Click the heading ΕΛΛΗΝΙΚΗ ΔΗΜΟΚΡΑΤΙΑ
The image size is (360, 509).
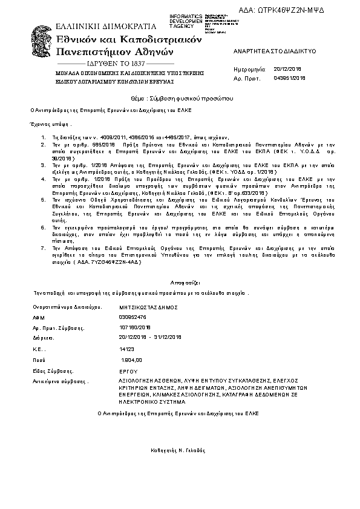tap(106, 27)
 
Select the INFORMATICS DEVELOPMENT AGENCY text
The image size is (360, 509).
tap(186, 21)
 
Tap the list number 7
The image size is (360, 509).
tap(42, 248)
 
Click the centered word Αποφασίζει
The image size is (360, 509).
tap(180, 281)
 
